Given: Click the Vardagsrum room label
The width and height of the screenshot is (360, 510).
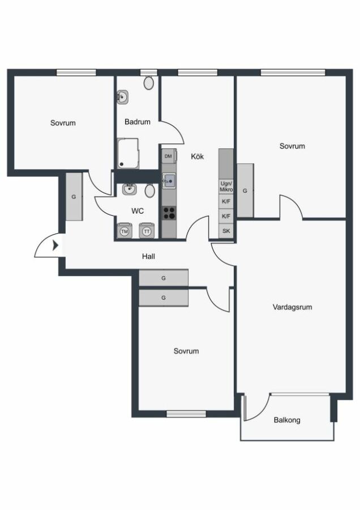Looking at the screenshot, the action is tap(292, 307).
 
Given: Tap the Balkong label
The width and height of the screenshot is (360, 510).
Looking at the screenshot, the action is tap(287, 420).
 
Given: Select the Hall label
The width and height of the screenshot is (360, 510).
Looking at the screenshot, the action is tap(148, 256).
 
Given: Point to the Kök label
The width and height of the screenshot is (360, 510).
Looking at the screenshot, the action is tap(197, 156).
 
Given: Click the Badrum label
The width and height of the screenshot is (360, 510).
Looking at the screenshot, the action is tap(138, 122).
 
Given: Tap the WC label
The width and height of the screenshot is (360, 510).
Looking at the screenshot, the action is tap(138, 211).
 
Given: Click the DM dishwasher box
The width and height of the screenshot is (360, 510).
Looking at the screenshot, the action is tap(169, 156).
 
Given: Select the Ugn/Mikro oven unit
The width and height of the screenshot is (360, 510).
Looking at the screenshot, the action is tap(226, 186).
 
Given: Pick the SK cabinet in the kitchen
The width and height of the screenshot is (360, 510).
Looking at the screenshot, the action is tap(226, 231).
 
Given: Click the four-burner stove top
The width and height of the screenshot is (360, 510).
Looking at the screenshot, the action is tap(169, 214).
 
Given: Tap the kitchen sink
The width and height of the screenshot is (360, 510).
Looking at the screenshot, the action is tap(169, 181).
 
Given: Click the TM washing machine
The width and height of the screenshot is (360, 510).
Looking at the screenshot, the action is tap(124, 231).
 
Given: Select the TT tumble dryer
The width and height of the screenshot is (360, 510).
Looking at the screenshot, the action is tap(147, 231).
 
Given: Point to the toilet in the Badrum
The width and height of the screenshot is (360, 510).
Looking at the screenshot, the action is tap(149, 83).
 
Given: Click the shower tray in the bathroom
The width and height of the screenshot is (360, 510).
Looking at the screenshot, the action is tap(128, 154).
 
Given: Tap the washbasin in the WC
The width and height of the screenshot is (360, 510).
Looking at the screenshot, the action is tap(129, 189).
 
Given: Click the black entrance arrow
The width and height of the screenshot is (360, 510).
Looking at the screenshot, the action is tap(55, 245).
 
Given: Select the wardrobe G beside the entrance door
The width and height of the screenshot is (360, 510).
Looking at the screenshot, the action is tap(74, 197).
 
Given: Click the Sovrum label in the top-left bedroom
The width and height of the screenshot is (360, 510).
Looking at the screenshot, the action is tap(63, 123).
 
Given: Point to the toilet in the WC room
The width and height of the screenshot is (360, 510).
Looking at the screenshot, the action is tap(149, 190).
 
